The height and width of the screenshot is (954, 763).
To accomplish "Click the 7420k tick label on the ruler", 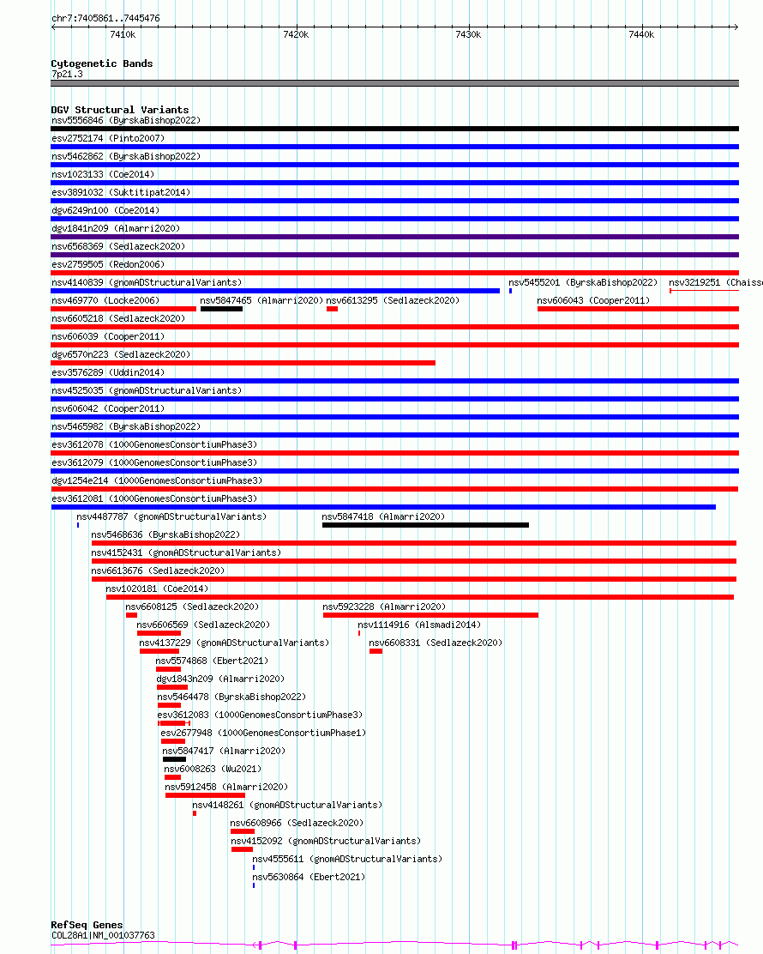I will [296, 34].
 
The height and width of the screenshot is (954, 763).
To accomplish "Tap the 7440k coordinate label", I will [641, 34].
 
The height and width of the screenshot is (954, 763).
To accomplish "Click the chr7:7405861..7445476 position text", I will [105, 18].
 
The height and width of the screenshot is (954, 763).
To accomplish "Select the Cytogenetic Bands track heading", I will [101, 63].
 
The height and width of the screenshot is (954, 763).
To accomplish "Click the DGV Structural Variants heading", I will [119, 110].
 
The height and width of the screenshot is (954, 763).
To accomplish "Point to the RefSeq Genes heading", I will [87, 925].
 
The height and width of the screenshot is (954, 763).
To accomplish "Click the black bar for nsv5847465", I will [221, 309].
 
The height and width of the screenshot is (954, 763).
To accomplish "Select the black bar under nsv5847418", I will [425, 525].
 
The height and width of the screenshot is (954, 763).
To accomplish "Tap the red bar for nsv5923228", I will [430, 615].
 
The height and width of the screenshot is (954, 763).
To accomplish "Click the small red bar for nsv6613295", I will [332, 309].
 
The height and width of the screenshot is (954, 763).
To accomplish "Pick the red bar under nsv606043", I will [638, 309].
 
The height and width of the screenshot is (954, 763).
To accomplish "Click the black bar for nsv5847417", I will [174, 759].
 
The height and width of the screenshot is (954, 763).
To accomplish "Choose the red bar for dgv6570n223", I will [243, 363].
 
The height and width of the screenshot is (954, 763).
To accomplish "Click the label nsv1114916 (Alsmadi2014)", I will [419, 625].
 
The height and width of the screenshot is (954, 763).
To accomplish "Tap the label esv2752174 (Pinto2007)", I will [108, 138].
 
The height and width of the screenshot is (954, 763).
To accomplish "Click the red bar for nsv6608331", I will [375, 651].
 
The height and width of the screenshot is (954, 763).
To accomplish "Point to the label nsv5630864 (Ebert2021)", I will [308, 877].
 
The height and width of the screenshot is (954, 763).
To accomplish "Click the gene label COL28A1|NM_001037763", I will [103, 935].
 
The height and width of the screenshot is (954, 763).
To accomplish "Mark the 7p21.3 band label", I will [67, 74].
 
